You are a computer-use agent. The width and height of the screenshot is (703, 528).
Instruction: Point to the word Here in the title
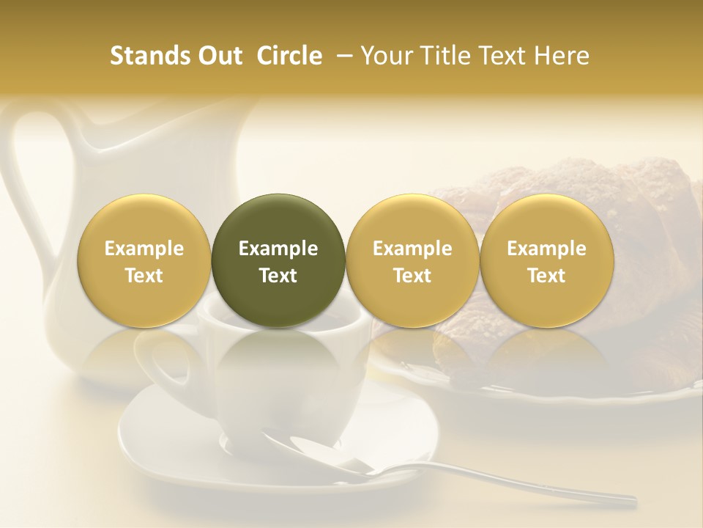tap(563, 56)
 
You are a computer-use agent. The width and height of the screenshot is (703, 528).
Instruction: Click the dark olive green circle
tap(278, 260)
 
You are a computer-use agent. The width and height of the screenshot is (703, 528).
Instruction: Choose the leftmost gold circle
tap(144, 260)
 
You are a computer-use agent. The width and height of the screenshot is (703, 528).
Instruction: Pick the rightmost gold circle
tap(546, 260)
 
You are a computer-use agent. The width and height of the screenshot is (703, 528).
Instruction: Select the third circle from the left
tap(412, 260)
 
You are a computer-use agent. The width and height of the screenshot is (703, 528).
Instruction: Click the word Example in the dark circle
tap(278, 249)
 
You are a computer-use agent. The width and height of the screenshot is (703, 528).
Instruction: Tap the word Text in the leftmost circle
tap(144, 276)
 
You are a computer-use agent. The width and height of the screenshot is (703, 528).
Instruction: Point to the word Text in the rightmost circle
tap(546, 276)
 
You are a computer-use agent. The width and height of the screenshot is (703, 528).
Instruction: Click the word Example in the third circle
tap(412, 249)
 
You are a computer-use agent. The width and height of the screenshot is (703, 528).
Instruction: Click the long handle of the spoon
tap(513, 485)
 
